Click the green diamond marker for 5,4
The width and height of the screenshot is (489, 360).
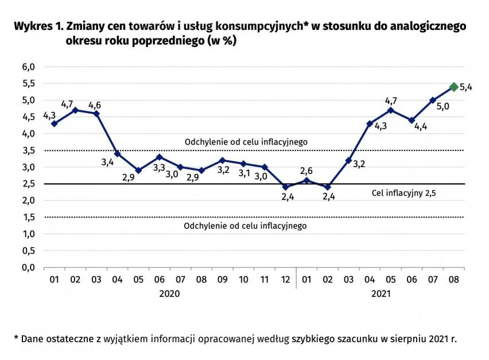(x=453, y=87)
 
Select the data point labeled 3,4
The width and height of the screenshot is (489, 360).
(x=117, y=154)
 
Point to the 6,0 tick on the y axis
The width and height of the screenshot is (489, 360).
(x=29, y=67)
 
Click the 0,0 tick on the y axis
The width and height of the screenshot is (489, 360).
(x=29, y=268)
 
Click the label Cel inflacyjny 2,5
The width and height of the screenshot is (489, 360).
(x=404, y=193)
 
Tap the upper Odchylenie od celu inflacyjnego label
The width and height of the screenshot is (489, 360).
(x=246, y=141)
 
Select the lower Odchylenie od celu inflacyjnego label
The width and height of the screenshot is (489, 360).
(x=245, y=226)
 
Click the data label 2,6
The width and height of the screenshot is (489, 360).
(x=306, y=171)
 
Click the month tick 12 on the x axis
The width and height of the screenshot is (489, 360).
(x=285, y=280)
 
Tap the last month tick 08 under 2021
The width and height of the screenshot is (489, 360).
(x=453, y=280)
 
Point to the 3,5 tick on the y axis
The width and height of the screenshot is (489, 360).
(x=29, y=150)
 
